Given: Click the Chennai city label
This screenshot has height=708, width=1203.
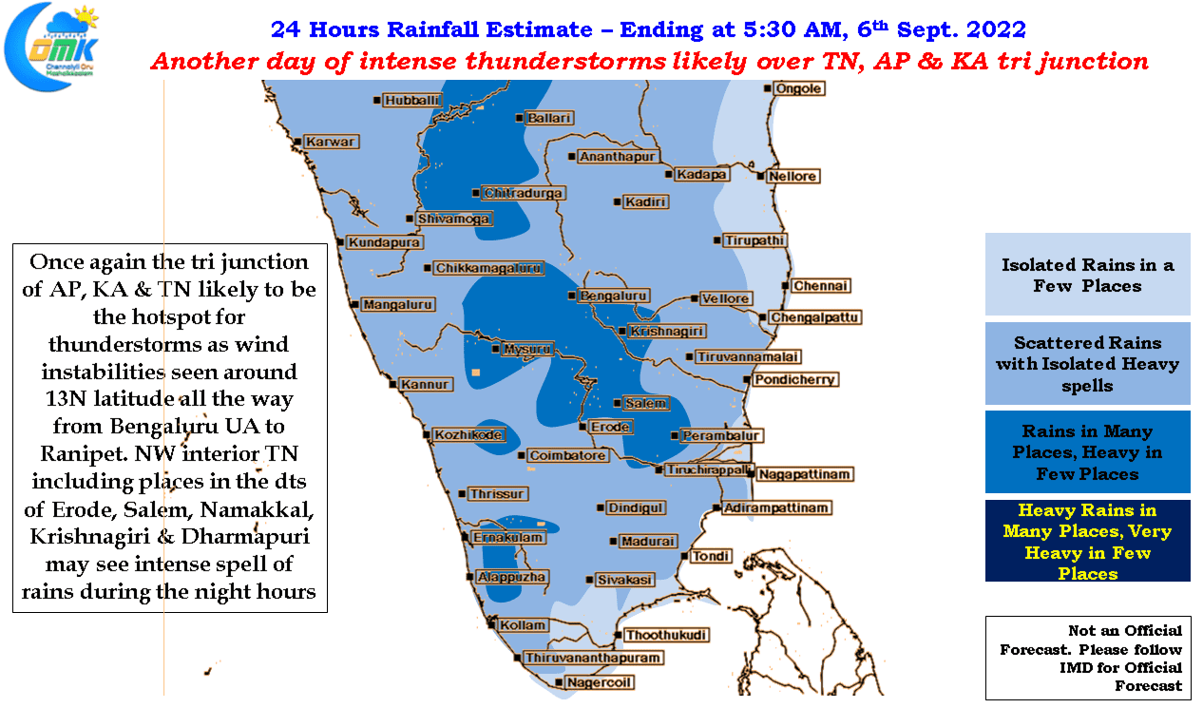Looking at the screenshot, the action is click(820, 286).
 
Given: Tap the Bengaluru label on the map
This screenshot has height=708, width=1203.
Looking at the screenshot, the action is click(613, 296).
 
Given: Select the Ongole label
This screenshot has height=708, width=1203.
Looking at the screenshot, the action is click(798, 88).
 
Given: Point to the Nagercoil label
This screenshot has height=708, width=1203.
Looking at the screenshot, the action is click(599, 682).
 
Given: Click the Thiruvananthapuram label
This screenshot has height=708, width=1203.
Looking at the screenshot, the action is click(593, 658).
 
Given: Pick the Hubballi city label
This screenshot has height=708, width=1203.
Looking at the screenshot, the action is click(411, 101).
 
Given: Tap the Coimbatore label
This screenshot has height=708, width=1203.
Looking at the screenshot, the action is click(567, 455).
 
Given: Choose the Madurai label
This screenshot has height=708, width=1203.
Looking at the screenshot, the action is click(648, 541).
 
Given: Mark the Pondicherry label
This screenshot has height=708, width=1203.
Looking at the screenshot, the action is click(794, 380).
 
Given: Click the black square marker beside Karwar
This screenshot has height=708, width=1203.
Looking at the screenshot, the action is click(297, 142).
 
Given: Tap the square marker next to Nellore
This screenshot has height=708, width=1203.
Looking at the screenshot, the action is click(760, 176).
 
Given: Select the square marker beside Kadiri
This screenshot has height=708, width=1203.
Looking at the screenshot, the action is click(617, 202).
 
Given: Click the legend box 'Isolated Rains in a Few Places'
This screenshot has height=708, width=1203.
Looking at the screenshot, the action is click(1087, 274).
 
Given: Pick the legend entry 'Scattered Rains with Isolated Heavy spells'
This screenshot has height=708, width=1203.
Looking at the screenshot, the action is click(1087, 364).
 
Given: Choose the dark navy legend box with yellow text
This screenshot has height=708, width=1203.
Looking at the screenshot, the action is click(1087, 541).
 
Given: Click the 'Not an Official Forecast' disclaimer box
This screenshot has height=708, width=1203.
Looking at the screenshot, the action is click(1088, 658).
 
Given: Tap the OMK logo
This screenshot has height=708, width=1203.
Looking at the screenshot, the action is click(52, 47).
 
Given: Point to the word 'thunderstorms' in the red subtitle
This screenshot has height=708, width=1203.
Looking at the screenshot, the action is click(565, 61).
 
